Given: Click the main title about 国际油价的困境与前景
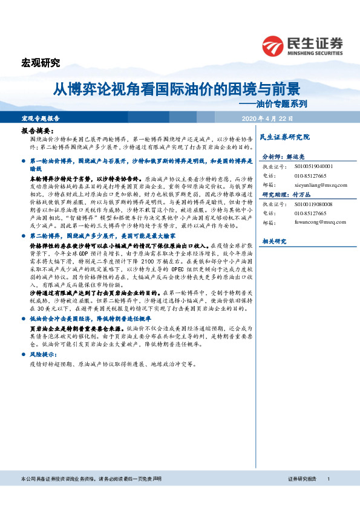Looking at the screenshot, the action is coord(176,89).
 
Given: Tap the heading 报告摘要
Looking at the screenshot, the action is coord(38,131).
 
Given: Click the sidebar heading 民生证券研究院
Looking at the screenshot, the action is coord(284,137).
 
